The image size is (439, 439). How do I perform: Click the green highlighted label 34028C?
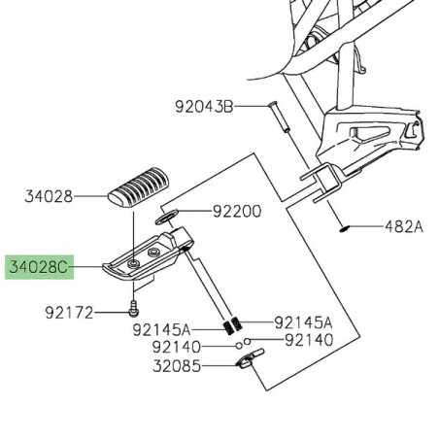coord(39,265)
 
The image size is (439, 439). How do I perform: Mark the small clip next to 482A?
coord(345,256)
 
